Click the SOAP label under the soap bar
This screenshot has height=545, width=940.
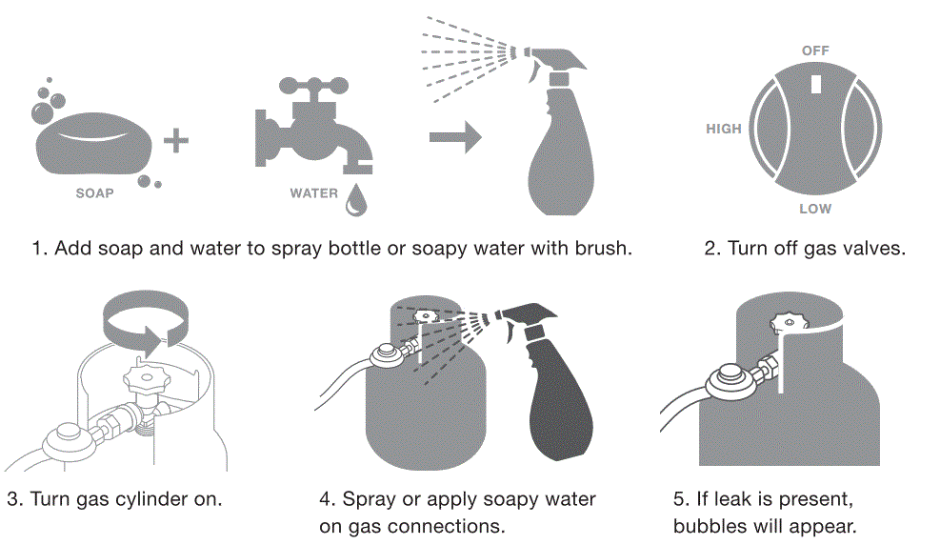[x=94, y=193]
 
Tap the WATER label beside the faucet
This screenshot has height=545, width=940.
[x=314, y=193]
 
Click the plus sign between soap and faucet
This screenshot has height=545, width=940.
[x=176, y=141]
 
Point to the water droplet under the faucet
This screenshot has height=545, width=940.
[x=356, y=200]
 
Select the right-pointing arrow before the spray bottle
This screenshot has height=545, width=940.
[x=455, y=137]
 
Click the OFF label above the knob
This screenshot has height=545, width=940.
[x=815, y=50]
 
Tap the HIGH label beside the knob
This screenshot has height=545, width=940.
[x=724, y=129]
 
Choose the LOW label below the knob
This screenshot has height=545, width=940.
[x=815, y=209]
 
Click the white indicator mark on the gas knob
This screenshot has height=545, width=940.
[x=816, y=84]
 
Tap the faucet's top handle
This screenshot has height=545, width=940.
[x=313, y=85]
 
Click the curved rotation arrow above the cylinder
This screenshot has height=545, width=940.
[x=146, y=319]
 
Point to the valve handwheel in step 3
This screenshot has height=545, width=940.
[x=147, y=377]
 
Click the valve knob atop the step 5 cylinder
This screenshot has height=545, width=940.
[x=789, y=323]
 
